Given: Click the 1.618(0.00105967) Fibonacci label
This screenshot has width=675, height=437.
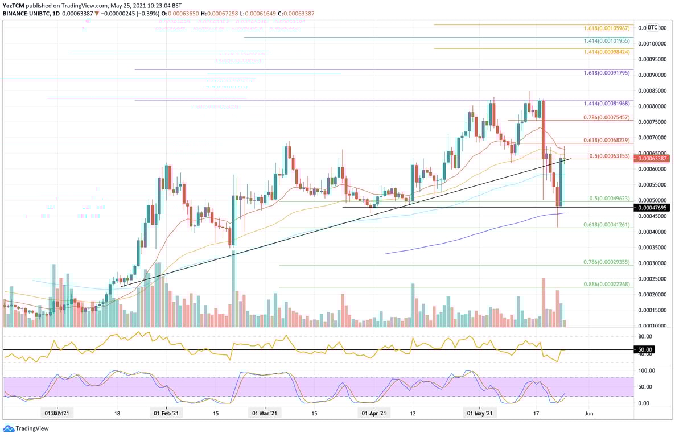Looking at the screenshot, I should click(607, 28).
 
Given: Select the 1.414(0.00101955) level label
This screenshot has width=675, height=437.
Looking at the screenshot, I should click(607, 41).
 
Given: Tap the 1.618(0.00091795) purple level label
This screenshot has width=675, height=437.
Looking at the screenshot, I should click(607, 73).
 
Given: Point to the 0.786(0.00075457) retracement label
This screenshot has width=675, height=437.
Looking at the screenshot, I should click(607, 117).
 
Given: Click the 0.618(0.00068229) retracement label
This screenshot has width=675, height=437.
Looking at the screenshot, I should click(607, 140).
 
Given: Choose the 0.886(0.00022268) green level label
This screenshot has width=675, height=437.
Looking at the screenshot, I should click(607, 284).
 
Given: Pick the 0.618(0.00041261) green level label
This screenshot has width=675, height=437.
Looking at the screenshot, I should click(607, 225).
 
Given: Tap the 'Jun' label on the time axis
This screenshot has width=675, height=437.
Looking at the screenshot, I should click(589, 414).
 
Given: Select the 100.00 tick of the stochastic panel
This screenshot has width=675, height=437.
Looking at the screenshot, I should click(647, 370).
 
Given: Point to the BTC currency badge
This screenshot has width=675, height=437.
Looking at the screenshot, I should click(652, 27).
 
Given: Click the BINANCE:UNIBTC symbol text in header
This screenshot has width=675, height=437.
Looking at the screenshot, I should click(28, 13).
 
